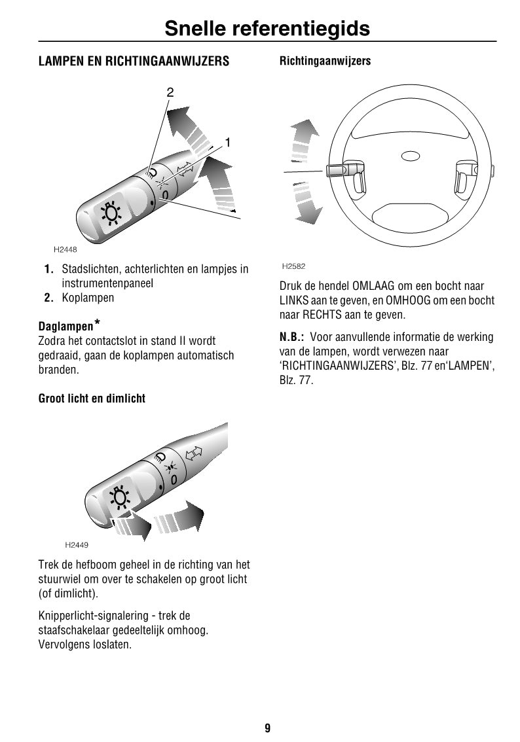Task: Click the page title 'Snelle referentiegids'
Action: (267, 28)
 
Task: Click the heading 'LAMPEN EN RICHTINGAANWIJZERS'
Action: (134, 62)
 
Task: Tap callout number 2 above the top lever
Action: (170, 92)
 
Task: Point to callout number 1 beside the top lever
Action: (228, 142)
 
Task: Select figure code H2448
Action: (65, 249)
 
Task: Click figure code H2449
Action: (77, 544)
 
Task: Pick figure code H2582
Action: (293, 266)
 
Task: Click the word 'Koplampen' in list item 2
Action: (88, 298)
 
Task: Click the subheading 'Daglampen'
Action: (65, 326)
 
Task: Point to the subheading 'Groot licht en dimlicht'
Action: (92, 398)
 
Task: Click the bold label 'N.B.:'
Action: (291, 338)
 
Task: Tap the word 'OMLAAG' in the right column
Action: (373, 286)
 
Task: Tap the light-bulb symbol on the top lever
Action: (111, 213)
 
